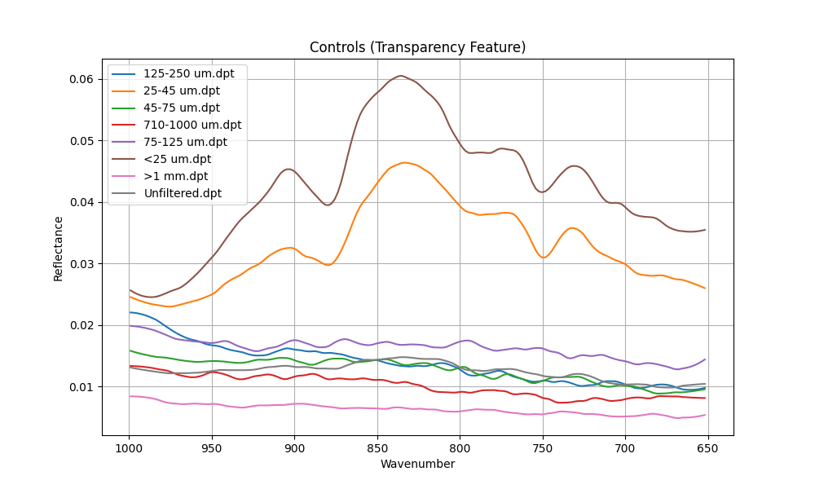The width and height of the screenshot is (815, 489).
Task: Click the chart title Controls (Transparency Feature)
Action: [417, 47]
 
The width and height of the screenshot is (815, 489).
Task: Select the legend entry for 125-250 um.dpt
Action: [188, 73]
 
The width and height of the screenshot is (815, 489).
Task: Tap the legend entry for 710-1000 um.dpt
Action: [192, 125]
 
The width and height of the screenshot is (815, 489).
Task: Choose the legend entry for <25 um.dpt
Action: [177, 159]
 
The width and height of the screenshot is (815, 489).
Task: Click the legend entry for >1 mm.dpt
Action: [175, 176]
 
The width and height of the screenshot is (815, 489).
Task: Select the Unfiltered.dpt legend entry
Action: [182, 193]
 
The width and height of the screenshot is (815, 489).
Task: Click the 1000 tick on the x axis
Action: [129, 447]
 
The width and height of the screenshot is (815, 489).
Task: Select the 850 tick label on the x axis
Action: [377, 447]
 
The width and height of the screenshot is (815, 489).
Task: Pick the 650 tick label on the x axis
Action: [707, 447]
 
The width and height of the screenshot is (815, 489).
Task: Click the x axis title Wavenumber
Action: [417, 464]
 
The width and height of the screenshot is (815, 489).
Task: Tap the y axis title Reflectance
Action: [59, 249]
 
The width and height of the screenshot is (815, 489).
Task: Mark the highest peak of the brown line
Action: [401, 76]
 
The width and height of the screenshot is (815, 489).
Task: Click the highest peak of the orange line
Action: [404, 162]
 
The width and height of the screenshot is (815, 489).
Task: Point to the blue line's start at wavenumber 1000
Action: [129, 312]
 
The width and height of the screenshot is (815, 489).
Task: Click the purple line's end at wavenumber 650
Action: [705, 359]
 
